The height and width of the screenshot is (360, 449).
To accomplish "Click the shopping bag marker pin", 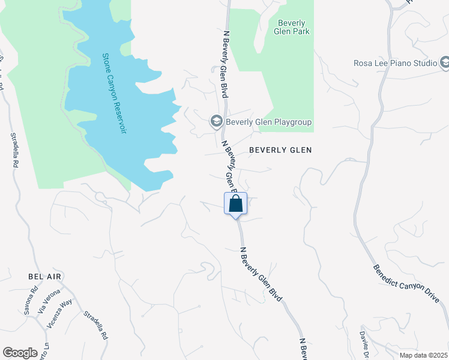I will tap(235, 203).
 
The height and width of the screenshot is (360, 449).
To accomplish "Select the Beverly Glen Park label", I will tap(294, 27).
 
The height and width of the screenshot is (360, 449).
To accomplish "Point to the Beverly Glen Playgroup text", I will tap(268, 122).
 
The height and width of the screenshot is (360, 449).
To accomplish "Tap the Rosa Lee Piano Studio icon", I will tap(445, 62).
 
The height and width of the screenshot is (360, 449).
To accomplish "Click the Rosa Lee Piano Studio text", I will tap(394, 63).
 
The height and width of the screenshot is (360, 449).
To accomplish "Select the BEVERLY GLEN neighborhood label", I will tap(280, 150).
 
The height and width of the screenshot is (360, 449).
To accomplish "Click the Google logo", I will tap(20, 353).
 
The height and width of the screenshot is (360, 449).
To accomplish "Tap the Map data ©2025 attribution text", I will tap(423, 355).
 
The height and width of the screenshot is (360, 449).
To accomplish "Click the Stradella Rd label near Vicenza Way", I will tap(95, 325).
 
